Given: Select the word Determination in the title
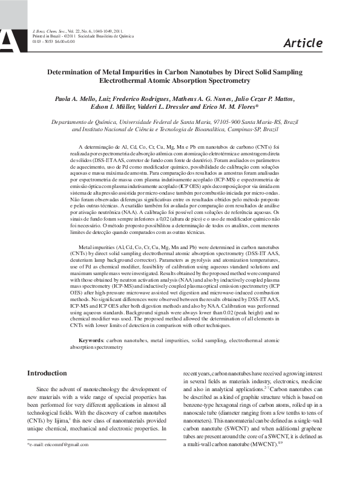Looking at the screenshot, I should tap(76, 72).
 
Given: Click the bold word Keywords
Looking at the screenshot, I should tap(91, 341).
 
